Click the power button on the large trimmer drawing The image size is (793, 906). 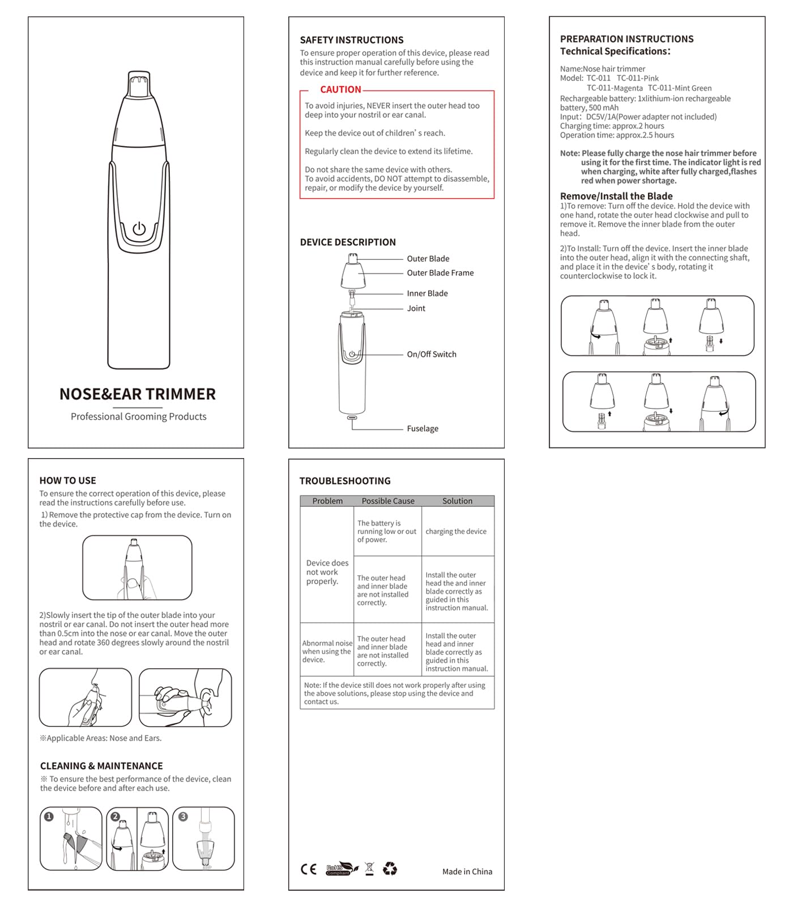[139, 229]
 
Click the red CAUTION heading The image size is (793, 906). [340, 89]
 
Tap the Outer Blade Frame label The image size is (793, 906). [440, 273]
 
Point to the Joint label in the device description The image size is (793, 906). [416, 309]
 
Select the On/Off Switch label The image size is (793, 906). [431, 354]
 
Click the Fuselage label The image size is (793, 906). [422, 429]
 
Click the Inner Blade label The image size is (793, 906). [427, 293]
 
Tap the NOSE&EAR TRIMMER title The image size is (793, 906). [138, 394]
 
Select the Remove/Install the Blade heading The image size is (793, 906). [616, 196]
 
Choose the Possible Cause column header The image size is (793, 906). [388, 501]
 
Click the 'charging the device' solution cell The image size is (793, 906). [456, 532]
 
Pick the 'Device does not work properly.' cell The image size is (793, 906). [327, 572]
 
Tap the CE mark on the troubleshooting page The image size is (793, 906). [309, 869]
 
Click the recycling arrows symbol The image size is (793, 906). [390, 869]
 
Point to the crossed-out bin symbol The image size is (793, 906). [369, 869]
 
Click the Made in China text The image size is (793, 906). [467, 872]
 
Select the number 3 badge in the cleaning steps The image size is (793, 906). [183, 817]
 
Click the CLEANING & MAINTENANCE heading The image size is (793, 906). [101, 766]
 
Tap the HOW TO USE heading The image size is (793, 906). [67, 481]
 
